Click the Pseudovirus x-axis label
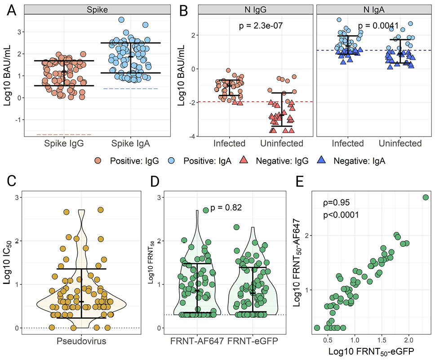point(82,341)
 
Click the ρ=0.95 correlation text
point(335,203)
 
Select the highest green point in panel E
point(426,197)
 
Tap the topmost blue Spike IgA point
point(121,20)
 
